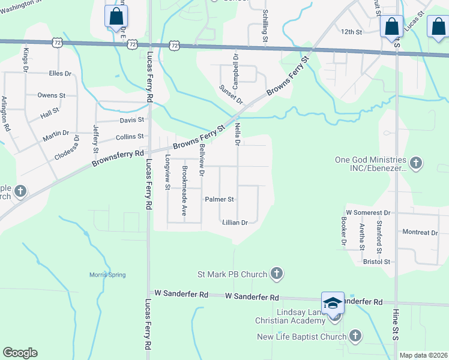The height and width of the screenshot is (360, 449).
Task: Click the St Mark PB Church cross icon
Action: (276, 274)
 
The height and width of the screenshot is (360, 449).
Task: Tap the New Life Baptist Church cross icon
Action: (355, 337)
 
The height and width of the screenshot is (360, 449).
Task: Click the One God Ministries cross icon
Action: (415, 163)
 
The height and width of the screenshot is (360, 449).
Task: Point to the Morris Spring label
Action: (108, 275)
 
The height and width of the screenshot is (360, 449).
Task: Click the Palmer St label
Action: (219, 199)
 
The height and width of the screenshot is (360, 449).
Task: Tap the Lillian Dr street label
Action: (235, 222)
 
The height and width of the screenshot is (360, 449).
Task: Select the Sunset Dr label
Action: (231, 95)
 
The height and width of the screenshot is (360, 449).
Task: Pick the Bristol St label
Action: (376, 262)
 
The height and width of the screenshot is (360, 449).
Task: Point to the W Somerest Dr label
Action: (368, 213)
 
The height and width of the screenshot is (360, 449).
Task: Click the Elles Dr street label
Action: (60, 74)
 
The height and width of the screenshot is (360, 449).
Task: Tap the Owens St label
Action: (51, 95)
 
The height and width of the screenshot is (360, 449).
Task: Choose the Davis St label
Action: (132, 120)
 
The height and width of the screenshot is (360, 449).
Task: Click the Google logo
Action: (20, 353)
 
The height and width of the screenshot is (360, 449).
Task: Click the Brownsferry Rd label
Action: (118, 158)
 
